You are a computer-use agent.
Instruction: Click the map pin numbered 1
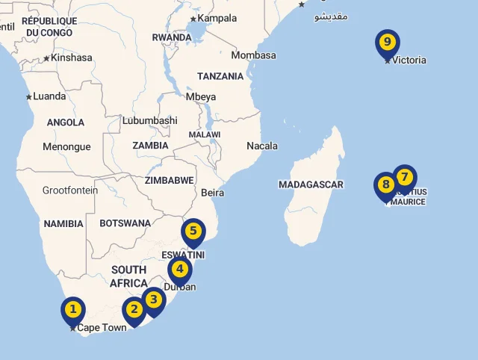pyautogui.click(x=72, y=308)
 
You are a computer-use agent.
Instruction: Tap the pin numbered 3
pyautogui.click(x=153, y=300)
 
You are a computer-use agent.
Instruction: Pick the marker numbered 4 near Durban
pyautogui.click(x=179, y=270)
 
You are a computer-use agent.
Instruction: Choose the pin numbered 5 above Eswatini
pyautogui.click(x=193, y=231)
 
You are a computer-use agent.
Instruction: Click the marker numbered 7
pyautogui.click(x=404, y=178)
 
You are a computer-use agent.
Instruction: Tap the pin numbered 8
pyautogui.click(x=385, y=184)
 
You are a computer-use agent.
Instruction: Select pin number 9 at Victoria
pyautogui.click(x=387, y=43)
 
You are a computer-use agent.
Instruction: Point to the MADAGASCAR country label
pyautogui.click(x=311, y=184)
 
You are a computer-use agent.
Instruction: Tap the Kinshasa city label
pyautogui.click(x=71, y=58)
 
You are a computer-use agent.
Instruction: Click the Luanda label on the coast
pyautogui.click(x=49, y=96)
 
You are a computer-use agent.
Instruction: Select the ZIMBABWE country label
pyautogui.click(x=170, y=180)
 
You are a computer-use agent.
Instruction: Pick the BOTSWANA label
pyautogui.click(x=125, y=223)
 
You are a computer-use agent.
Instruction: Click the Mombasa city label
pyautogui.click(x=253, y=55)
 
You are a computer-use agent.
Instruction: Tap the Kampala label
pyautogui.click(x=217, y=18)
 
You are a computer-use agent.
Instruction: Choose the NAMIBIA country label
pyautogui.click(x=63, y=224)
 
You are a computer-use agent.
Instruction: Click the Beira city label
pyautogui.click(x=212, y=193)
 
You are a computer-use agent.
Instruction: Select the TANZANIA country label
pyautogui.click(x=220, y=76)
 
